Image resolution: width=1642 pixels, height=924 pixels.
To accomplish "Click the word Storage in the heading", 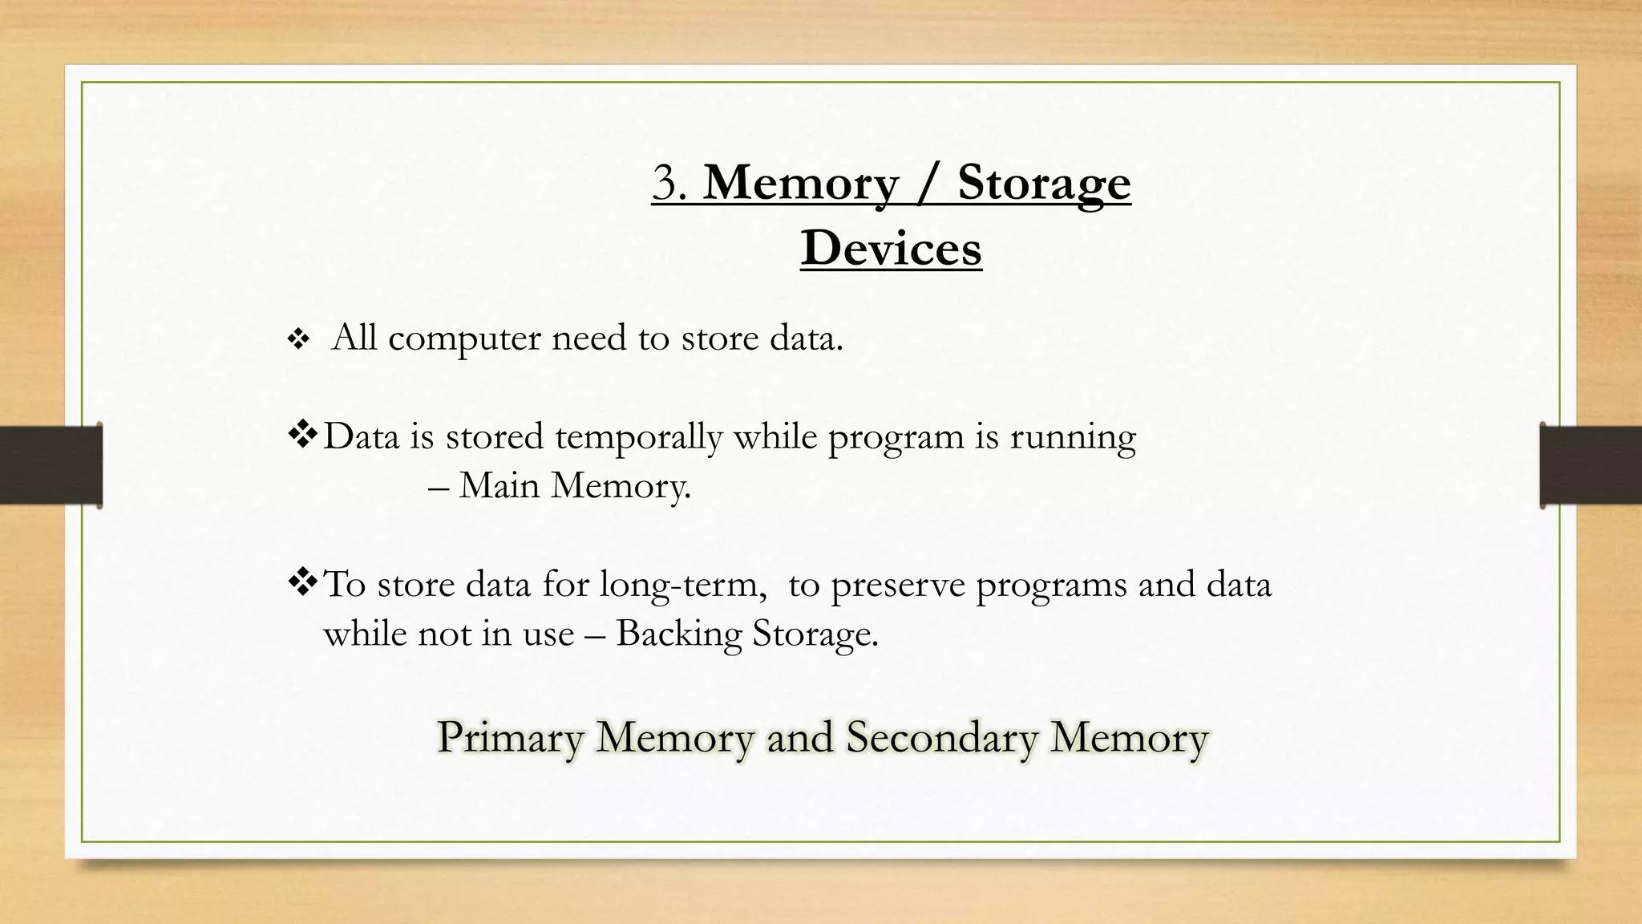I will point(1044,183).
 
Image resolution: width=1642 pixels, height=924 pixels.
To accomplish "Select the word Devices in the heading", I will point(891,248).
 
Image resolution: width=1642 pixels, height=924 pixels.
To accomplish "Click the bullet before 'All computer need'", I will point(298,340).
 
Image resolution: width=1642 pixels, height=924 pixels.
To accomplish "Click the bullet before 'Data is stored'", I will point(303,436).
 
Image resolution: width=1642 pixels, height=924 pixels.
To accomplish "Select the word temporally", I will point(638,437).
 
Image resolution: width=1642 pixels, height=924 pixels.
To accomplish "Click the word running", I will point(1072,437).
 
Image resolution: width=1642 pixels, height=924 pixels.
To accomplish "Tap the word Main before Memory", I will point(499,485).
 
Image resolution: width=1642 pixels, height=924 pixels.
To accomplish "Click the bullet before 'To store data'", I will point(303,583).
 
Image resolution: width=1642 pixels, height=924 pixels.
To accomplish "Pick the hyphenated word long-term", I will point(669,585).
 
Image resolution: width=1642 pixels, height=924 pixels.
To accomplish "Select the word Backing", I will point(679,634).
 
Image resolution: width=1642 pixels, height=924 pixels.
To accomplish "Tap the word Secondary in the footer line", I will point(942,737).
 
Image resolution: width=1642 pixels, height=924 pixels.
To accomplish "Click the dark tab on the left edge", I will point(51,465).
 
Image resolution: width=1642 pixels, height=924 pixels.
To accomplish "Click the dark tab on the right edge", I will point(1591,465).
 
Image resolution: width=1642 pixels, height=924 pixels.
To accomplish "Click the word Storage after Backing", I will point(815,634).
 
